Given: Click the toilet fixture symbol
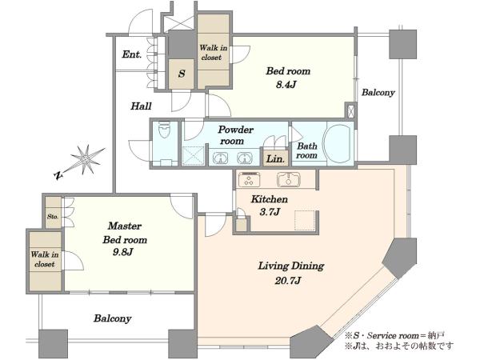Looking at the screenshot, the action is point(166,130).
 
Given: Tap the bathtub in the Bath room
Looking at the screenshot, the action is point(338,143).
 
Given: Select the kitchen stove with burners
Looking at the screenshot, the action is point(249,179).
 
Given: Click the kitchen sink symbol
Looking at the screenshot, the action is point(288,179).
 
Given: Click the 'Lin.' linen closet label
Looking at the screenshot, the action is point(275,159).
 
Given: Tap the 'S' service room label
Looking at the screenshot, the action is point(182,74).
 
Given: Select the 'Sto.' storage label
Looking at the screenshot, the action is point(53,217).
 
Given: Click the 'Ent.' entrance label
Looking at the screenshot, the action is point(132,54).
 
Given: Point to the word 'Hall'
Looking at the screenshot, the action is point(141,106).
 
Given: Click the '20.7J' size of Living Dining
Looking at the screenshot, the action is point(288,281).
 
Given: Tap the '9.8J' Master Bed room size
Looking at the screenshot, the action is point(122,252).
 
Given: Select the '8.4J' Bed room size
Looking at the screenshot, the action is point(286,85).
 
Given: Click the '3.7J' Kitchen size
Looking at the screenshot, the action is point(270,212).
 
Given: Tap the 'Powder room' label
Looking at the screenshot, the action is point(235,135).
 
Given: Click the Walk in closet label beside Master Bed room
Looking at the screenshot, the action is point(44,259).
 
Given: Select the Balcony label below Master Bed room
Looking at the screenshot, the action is point(112,318).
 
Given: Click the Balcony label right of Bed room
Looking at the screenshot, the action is point(378,92).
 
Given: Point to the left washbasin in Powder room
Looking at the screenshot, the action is point(220,158).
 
